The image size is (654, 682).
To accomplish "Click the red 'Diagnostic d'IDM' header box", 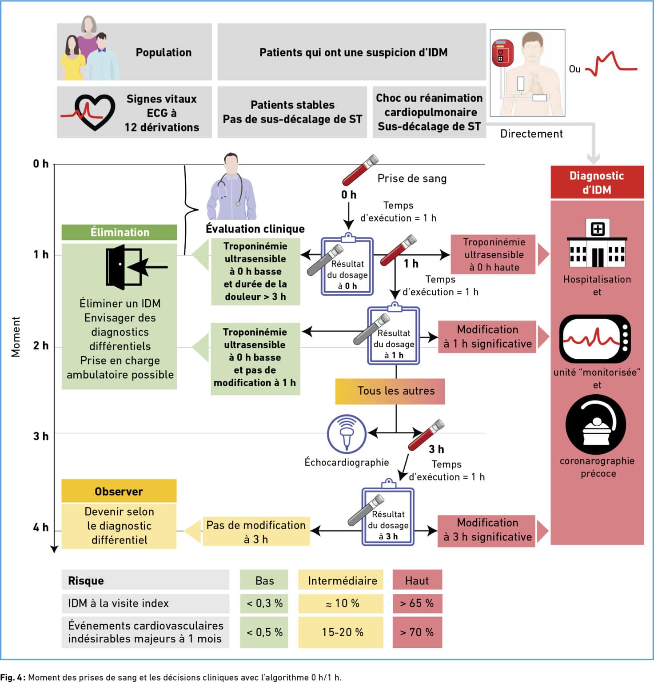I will (x=597, y=182).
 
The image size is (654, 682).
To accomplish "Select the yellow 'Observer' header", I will (x=119, y=491).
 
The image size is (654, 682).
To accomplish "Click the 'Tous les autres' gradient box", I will (x=390, y=391).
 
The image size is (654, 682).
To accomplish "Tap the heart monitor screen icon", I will (x=594, y=339).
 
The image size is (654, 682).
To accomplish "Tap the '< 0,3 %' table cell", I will (x=264, y=603).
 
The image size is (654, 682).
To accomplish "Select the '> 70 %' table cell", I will (x=417, y=632).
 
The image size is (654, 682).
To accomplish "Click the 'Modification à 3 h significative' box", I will (x=487, y=530).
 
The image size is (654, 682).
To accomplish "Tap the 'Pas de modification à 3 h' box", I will (x=256, y=531).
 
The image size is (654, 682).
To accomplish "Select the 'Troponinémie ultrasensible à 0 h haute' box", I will (x=493, y=254).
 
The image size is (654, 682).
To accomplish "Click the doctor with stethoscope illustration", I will (x=232, y=187).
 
